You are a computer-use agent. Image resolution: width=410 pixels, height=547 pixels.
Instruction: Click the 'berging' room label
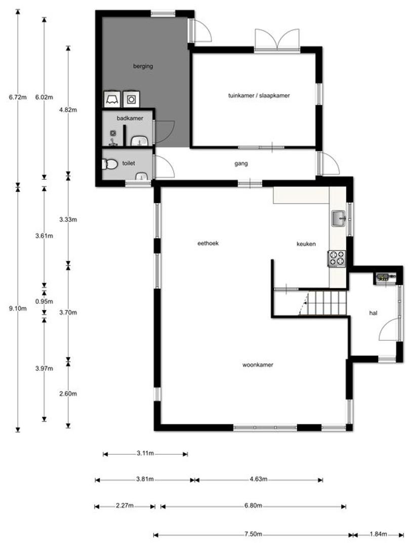pyautogui.click(x=143, y=66)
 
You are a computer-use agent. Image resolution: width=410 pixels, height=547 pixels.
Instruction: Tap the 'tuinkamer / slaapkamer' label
pyautogui.click(x=259, y=95)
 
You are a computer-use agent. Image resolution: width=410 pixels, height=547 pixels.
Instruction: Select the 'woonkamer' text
pyautogui.click(x=258, y=365)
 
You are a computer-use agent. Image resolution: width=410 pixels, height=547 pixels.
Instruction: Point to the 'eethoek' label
pyautogui.click(x=208, y=243)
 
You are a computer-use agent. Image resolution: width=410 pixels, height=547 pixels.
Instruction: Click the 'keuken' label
pyautogui.click(x=306, y=244)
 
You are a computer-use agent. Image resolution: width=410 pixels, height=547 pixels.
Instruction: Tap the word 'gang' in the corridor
pyautogui.click(x=241, y=163)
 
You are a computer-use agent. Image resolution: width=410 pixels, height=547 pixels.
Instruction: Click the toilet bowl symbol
pyautogui.click(x=110, y=164)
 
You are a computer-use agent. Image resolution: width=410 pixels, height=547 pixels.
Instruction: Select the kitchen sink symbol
pyautogui.click(x=339, y=218)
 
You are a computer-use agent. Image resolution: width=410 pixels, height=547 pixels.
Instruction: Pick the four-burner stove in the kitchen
pyautogui.click(x=337, y=259)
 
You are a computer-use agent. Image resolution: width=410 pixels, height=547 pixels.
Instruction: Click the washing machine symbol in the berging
pyautogui.click(x=131, y=99)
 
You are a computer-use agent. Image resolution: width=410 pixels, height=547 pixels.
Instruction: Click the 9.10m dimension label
pyautogui.click(x=18, y=308)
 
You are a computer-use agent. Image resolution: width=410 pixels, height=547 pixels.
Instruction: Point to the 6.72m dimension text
pyautogui.click(x=18, y=97)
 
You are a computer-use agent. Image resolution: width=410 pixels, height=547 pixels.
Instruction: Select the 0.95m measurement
pyautogui.click(x=44, y=301)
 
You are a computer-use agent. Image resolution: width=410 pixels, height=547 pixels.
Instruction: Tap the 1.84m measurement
pyautogui.click(x=378, y=534)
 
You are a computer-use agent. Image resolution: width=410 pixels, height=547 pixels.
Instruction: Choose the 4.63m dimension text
pyautogui.click(x=258, y=479)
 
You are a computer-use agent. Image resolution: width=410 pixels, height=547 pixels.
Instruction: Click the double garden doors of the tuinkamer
pyautogui.click(x=277, y=40)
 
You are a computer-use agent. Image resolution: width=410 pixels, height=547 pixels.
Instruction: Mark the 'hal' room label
pyautogui.click(x=374, y=313)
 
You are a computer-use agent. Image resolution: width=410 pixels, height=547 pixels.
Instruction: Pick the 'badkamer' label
pyautogui.click(x=130, y=118)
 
